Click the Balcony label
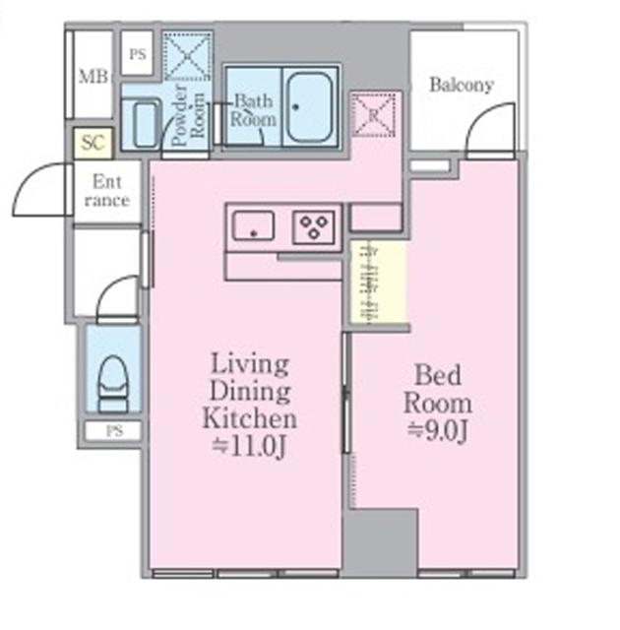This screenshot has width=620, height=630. (462, 86)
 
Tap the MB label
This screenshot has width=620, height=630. (93, 77)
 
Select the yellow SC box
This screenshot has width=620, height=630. (93, 143)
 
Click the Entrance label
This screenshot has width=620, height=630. (107, 191)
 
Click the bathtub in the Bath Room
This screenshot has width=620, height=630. (310, 107)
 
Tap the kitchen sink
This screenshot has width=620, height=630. (254, 225)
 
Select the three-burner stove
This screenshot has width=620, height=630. (314, 227)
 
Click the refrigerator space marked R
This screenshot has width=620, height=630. (373, 114)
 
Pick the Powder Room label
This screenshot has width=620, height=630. (188, 116)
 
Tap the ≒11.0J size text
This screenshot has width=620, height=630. (249, 446)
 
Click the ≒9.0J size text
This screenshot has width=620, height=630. (438, 431)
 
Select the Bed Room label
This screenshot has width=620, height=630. (438, 388)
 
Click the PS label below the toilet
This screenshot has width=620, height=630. (114, 431)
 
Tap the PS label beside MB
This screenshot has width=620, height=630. (138, 54)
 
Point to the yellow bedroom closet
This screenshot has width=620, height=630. (378, 282)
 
